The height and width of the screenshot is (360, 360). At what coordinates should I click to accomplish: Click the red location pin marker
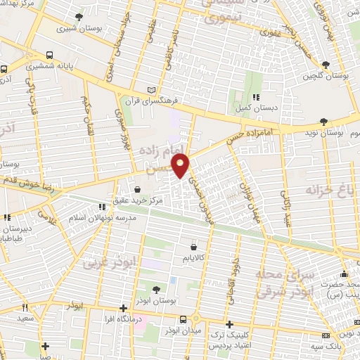[182, 167]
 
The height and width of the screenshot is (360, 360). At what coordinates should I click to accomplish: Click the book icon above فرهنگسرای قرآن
[152, 89]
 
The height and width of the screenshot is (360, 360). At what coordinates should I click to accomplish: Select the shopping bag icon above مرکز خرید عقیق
[137, 189]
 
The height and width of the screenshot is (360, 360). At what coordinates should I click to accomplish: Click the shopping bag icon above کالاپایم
[194, 247]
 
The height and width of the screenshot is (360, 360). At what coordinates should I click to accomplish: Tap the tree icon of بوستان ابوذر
[155, 288]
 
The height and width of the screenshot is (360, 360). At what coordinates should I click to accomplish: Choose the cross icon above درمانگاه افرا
[123, 308]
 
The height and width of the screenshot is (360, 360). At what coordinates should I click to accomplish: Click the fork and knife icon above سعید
[25, 307]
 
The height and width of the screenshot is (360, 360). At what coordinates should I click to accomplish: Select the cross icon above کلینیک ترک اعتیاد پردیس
[229, 324]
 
